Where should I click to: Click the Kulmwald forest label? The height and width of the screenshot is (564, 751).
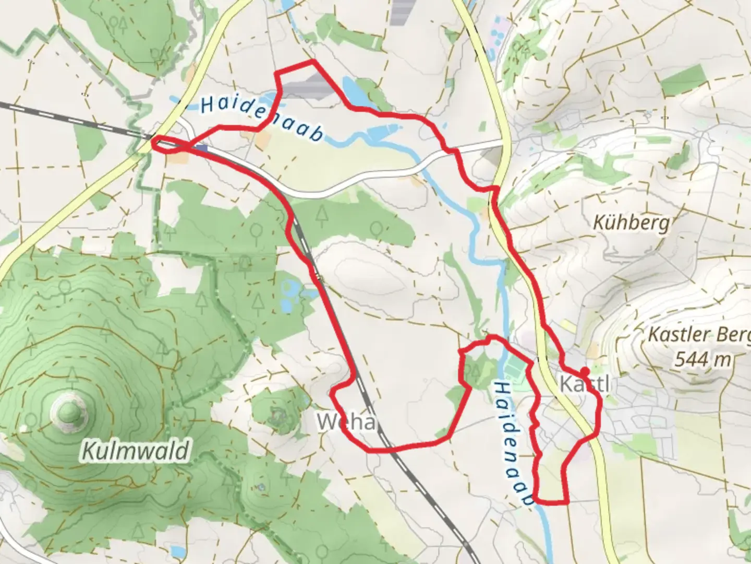pyautogui.click(x=135, y=450)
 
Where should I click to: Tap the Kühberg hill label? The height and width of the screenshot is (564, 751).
pyautogui.click(x=631, y=224)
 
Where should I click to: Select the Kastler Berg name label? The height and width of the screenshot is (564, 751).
pyautogui.click(x=699, y=334)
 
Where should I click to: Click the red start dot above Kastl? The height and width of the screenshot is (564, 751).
pyautogui.click(x=584, y=371)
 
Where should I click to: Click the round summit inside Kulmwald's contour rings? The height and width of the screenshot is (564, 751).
pyautogui.click(x=68, y=412)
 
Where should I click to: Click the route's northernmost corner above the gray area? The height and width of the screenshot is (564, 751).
pyautogui.click(x=313, y=61)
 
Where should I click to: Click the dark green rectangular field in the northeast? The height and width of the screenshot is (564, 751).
pyautogui.click(x=685, y=81)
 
